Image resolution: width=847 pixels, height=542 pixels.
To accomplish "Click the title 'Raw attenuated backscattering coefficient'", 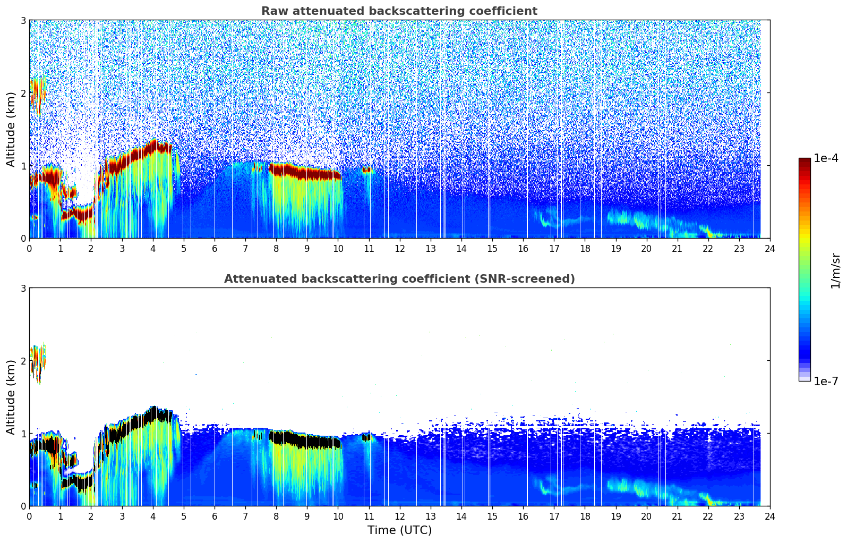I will (399, 11).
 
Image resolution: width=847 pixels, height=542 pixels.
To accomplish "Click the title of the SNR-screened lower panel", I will (399, 279).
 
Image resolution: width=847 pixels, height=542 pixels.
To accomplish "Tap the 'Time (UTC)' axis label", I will (399, 530).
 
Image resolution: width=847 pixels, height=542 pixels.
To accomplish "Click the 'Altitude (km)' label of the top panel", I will (11, 129).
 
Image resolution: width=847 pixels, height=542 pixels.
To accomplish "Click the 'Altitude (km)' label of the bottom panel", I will (11, 397).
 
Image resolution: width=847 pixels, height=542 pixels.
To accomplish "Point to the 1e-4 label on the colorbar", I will (826, 158).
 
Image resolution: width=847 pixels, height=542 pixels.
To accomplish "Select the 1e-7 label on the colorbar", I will (826, 381).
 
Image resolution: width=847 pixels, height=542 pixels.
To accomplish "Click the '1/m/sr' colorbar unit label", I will (835, 270).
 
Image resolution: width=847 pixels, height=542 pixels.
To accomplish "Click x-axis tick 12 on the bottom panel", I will (399, 516).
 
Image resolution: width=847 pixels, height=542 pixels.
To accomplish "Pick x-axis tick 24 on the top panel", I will (769, 248).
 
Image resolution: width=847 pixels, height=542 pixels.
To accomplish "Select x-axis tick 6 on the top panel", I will (215, 248).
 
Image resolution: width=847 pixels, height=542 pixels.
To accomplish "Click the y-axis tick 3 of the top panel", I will (23, 20).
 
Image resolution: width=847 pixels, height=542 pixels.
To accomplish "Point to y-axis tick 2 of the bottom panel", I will (23, 361).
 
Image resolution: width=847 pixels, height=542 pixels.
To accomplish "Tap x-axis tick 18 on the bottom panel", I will (585, 516).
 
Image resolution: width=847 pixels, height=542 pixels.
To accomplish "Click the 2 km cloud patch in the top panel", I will (37, 96).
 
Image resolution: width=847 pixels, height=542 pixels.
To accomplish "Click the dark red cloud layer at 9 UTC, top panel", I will (307, 173).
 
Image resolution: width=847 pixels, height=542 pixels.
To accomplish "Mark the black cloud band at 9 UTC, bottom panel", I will (307, 441).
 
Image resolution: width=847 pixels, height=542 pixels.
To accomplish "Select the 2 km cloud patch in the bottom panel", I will (37, 363).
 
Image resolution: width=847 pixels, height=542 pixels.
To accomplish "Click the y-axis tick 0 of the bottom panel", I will (23, 506).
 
